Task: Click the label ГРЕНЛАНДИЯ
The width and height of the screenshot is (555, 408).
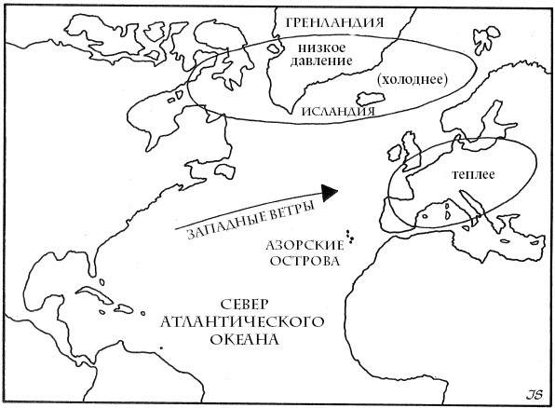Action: [x=336, y=20]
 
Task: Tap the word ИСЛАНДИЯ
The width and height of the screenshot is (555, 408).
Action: [x=337, y=111]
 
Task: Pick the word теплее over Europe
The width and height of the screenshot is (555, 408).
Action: [x=473, y=174]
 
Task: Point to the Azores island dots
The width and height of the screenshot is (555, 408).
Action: [x=350, y=238]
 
